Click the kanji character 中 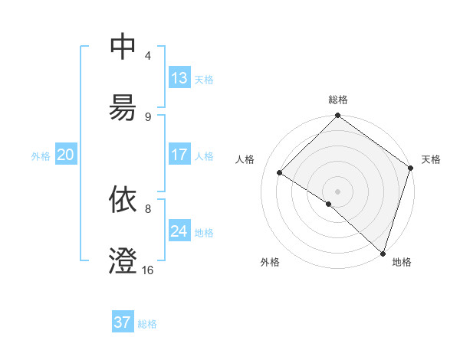(x=123, y=47)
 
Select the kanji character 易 (x=123, y=108)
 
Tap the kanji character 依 (x=123, y=200)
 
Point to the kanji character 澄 (x=123, y=261)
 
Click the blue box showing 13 (x=179, y=78)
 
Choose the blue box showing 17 (x=179, y=155)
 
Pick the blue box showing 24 (x=179, y=231)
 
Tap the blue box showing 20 (x=65, y=155)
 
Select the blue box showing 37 (x=123, y=322)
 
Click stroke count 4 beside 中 (x=148, y=55)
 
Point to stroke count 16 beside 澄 (x=148, y=270)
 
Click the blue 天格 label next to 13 (x=204, y=79)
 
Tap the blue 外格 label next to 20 (x=41, y=155)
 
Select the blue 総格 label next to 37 (x=147, y=323)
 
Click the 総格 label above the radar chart (x=338, y=100)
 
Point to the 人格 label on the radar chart (x=245, y=159)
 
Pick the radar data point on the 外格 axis (x=329, y=204)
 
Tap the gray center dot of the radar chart (x=338, y=191)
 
